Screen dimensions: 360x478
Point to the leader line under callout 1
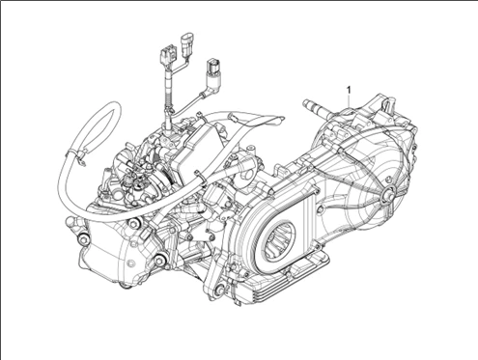click(x=347, y=103)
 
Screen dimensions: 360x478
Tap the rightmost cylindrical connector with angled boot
click(x=211, y=73)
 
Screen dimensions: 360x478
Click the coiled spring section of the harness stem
click(x=169, y=97)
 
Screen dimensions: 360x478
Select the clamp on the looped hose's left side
click(x=70, y=153)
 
